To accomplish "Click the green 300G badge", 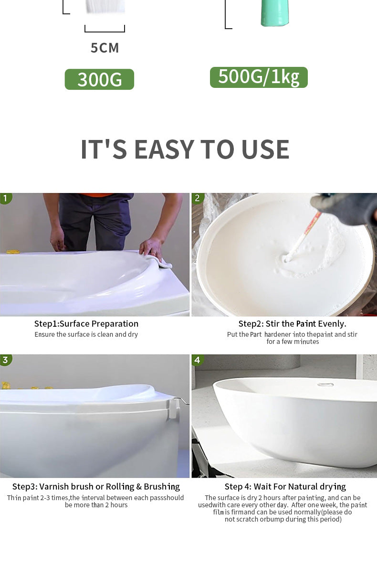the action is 99,79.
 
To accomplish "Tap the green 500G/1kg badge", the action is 259,77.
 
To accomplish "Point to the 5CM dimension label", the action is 105,48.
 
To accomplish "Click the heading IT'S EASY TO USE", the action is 185,149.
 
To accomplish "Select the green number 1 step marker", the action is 5,198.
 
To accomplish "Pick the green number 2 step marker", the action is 197,198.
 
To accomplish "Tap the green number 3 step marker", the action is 5,360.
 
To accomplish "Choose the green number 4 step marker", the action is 197,360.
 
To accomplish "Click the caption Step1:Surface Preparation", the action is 86,324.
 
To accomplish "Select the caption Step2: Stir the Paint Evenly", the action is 292,324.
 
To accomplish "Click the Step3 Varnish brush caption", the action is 96,487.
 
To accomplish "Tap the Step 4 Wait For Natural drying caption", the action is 285,487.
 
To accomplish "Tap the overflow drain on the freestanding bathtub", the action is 326,385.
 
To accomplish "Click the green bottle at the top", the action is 275,13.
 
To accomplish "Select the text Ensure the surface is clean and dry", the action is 86,334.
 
